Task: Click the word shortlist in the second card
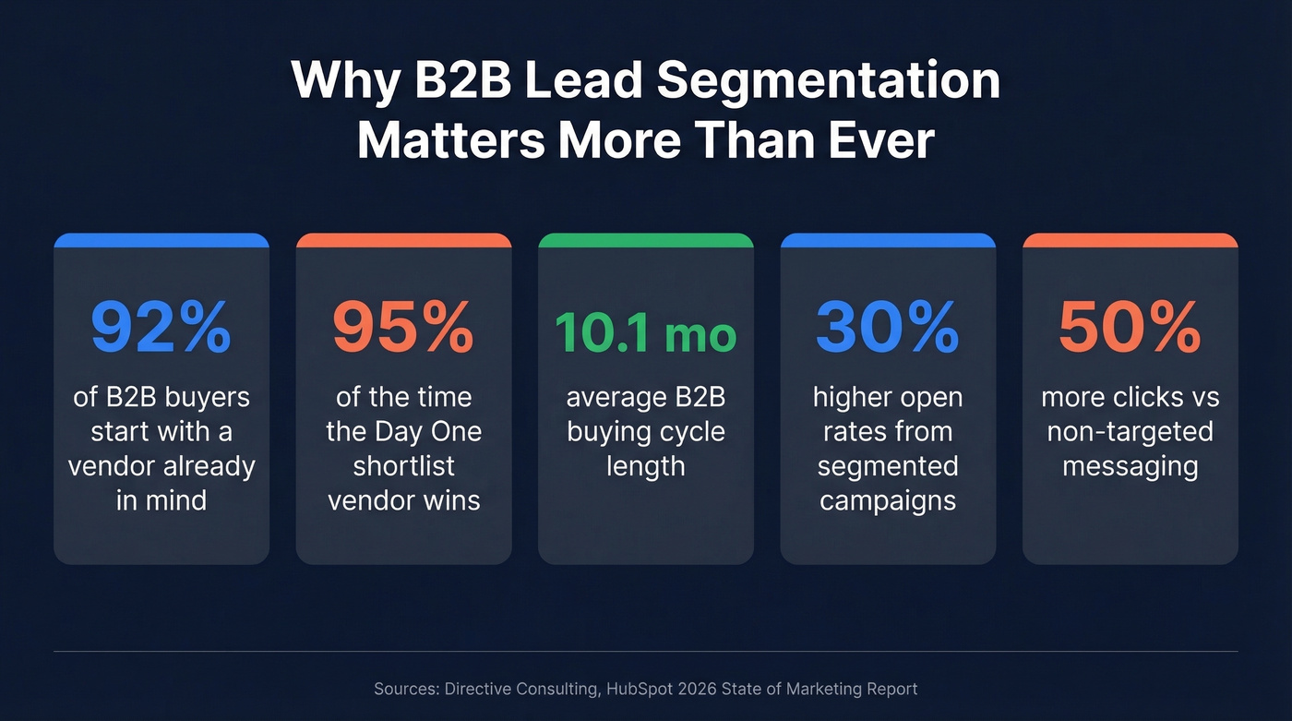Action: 403,465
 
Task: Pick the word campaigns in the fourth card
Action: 888,499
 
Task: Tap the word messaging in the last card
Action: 1130,465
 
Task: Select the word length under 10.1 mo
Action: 645,465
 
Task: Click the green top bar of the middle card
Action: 645,240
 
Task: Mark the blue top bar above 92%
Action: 161,240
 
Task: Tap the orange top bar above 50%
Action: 1130,240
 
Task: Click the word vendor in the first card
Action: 113,465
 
